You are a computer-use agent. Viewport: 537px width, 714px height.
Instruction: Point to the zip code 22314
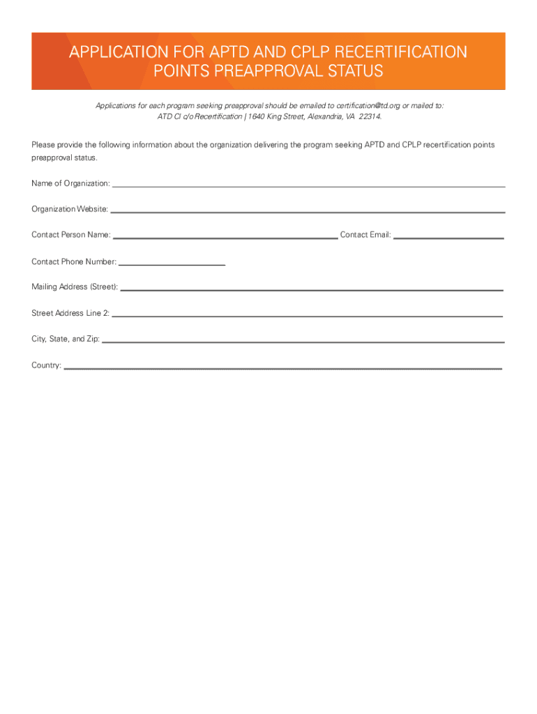pyautogui.click(x=370, y=116)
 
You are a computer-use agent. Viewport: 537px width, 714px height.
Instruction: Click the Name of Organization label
pyautogui.click(x=70, y=183)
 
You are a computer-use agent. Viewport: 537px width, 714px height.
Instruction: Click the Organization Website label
pyautogui.click(x=70, y=209)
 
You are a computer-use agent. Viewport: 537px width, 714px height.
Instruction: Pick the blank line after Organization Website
pyautogui.click(x=308, y=211)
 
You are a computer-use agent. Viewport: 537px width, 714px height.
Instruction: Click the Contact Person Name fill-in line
pyautogui.click(x=225, y=238)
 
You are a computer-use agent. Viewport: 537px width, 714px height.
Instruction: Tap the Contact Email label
pyautogui.click(x=365, y=235)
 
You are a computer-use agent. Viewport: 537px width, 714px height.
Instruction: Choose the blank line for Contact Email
pyautogui.click(x=448, y=238)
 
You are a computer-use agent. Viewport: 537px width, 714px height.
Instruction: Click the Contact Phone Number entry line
pyautogui.click(x=172, y=265)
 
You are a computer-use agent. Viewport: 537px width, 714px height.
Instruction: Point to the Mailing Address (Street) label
pyautogui.click(x=75, y=287)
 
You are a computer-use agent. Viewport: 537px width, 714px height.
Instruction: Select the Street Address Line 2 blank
pyautogui.click(x=307, y=316)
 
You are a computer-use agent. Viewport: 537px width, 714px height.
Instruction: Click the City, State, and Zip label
pyautogui.click(x=66, y=339)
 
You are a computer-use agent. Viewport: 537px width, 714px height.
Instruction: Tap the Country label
pyautogui.click(x=46, y=365)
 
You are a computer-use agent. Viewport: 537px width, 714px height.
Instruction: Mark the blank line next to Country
pyautogui.click(x=282, y=367)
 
